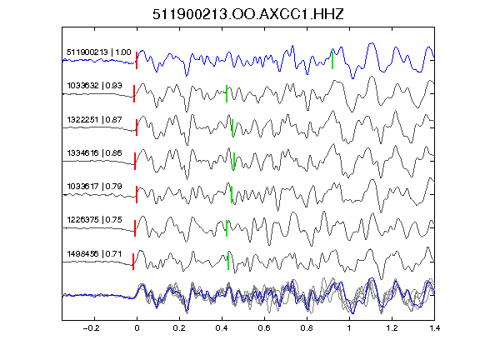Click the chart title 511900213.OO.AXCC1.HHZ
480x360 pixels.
pyautogui.click(x=248, y=14)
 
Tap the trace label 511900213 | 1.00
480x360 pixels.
pyautogui.click(x=99, y=52)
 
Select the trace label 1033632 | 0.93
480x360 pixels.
pyautogui.click(x=95, y=85)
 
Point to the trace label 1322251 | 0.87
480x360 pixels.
pyautogui.click(x=95, y=119)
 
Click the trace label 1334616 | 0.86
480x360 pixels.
pyautogui.click(x=95, y=152)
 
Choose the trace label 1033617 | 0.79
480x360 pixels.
pyautogui.click(x=95, y=186)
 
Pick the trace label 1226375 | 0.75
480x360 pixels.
pyautogui.click(x=95, y=219)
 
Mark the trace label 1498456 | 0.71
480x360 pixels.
pyautogui.click(x=95, y=254)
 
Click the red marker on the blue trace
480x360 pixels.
pyautogui.click(x=137, y=61)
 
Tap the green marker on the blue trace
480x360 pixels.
pyautogui.click(x=332, y=60)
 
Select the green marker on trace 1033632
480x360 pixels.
pyautogui.click(x=227, y=93)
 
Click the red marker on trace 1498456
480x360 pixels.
pyautogui.click(x=133, y=262)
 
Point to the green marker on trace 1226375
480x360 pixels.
pyautogui.click(x=227, y=228)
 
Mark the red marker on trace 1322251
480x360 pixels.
pyautogui.click(x=137, y=127)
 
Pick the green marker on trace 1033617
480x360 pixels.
pyautogui.click(x=232, y=195)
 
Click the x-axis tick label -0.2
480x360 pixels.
pyautogui.click(x=91, y=328)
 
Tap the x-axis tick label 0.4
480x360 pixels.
pyautogui.click(x=222, y=328)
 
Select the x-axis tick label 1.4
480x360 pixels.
pyautogui.click(x=434, y=328)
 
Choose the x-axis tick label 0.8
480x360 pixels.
pyautogui.click(x=307, y=328)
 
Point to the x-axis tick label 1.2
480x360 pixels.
pyautogui.click(x=392, y=328)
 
